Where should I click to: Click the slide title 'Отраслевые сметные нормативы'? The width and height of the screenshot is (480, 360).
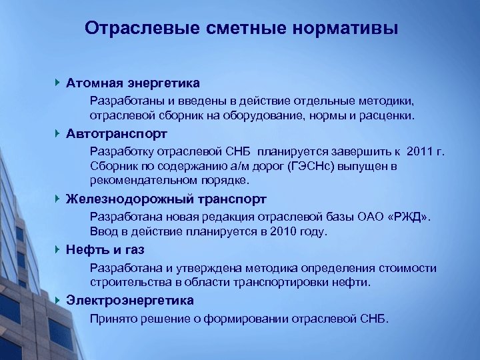coord(242,29)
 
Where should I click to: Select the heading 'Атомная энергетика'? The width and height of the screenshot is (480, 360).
coord(133,83)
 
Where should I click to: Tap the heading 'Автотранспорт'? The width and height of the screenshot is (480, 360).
coord(117,134)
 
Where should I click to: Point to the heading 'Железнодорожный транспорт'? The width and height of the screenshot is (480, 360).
coord(166,199)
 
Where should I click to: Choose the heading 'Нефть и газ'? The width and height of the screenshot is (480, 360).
coord(105,250)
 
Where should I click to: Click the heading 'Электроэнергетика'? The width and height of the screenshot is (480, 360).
coord(130,300)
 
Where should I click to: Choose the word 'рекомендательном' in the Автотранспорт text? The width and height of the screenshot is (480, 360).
coord(135,180)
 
